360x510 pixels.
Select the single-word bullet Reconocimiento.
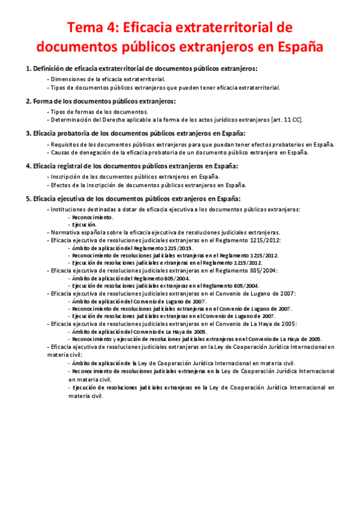pos(92,217)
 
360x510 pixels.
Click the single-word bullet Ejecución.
pos(84,224)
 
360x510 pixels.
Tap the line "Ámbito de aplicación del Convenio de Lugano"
pos(139,301)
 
